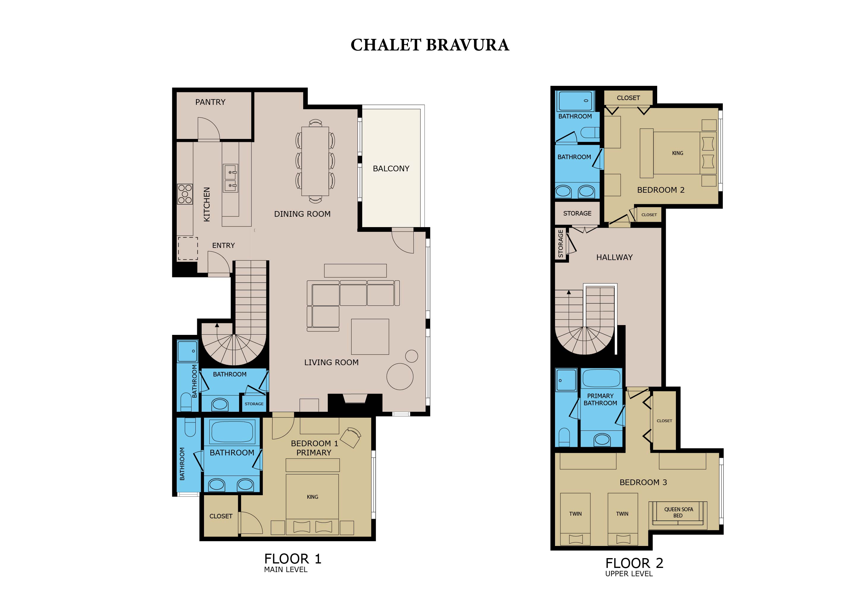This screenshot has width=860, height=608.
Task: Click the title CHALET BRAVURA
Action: (x=430, y=45)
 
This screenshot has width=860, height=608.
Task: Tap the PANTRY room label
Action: (x=210, y=102)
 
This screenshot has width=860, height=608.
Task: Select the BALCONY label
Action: (x=391, y=169)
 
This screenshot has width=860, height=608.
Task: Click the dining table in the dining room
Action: (x=315, y=161)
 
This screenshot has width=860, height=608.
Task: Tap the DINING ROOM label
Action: (x=302, y=214)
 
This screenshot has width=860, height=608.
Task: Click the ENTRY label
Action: (x=224, y=246)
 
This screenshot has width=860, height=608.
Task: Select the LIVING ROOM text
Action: (x=331, y=362)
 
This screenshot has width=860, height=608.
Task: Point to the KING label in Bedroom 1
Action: (x=312, y=497)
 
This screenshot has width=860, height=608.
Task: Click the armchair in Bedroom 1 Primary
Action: (x=351, y=437)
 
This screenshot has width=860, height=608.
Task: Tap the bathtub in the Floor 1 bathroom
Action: (x=232, y=431)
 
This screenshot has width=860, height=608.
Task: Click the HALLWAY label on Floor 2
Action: (x=614, y=258)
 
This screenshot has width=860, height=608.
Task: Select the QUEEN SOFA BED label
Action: (x=678, y=512)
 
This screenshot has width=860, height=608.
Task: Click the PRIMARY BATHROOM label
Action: (x=600, y=400)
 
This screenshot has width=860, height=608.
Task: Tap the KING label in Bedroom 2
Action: (x=678, y=153)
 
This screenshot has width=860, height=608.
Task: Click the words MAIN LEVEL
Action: (x=285, y=569)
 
